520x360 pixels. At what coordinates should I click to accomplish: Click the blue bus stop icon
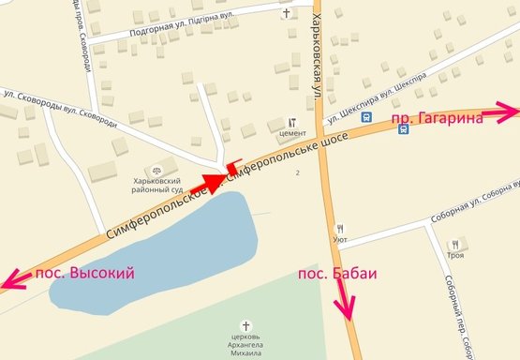(403, 129)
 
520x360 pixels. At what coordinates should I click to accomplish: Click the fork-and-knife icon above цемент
(291, 122)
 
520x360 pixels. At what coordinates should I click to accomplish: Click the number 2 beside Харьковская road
(297, 173)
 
